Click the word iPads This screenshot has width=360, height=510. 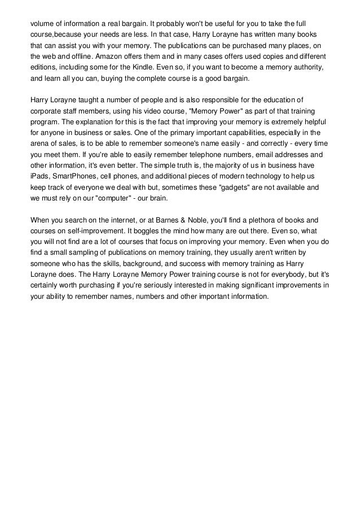(39, 177)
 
